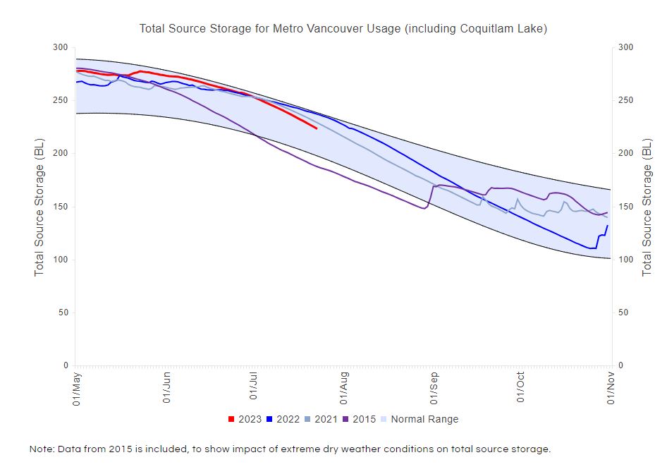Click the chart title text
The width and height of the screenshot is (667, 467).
(x=343, y=29)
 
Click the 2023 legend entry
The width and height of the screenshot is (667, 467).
(x=245, y=419)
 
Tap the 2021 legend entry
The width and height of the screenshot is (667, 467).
(x=322, y=419)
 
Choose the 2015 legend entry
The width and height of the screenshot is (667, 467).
(x=359, y=419)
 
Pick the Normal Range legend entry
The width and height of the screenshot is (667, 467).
(x=420, y=419)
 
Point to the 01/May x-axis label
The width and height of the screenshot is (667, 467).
(x=75, y=388)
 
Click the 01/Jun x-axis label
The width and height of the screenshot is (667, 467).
(x=166, y=388)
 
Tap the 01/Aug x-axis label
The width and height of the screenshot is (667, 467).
(x=344, y=388)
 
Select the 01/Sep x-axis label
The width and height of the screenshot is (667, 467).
(x=433, y=388)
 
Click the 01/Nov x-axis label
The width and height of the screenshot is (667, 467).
(x=611, y=388)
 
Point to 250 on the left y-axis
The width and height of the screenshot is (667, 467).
(x=61, y=101)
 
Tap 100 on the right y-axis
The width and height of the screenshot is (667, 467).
(x=626, y=260)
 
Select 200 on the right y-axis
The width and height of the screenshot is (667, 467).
(x=626, y=154)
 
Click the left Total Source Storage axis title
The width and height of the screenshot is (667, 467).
(x=40, y=206)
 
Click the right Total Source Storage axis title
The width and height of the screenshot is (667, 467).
(x=647, y=206)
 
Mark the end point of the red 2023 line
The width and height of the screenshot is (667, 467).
(x=317, y=128)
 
